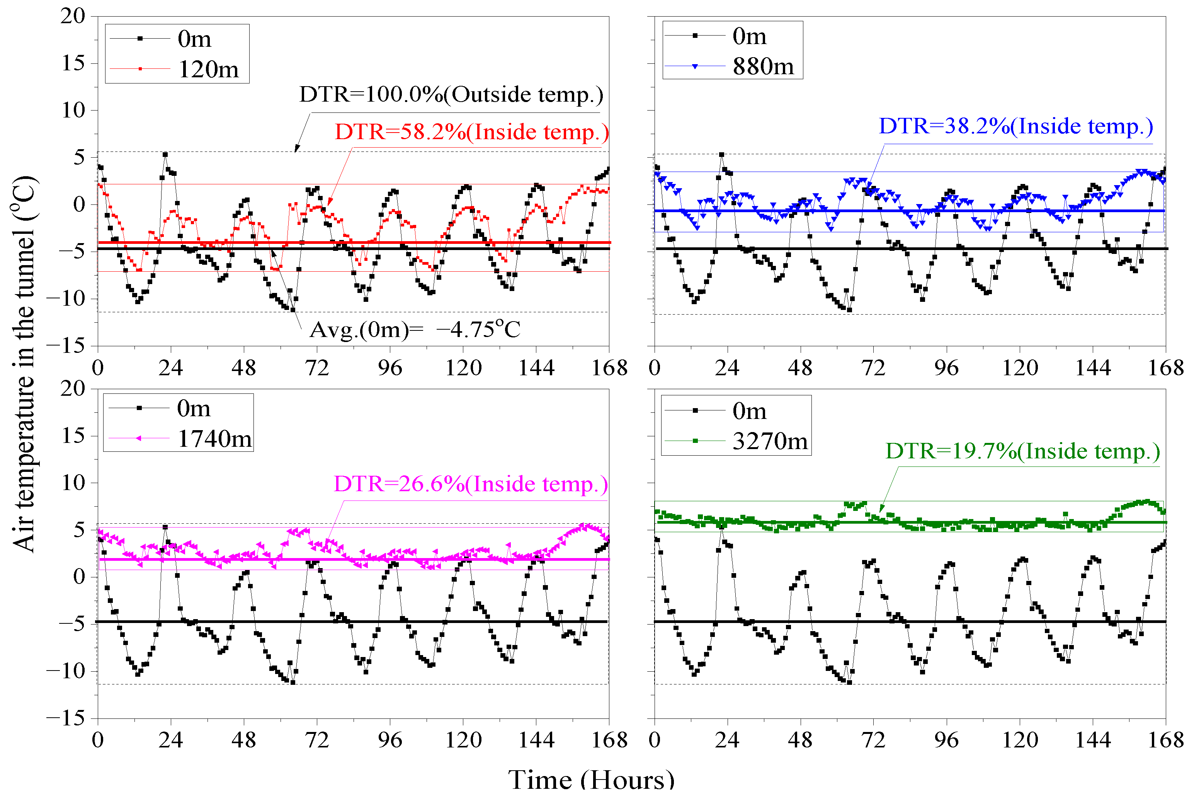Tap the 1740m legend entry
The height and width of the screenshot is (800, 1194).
pyautogui.click(x=214, y=439)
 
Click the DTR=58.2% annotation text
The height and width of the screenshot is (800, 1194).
pyautogui.click(x=471, y=132)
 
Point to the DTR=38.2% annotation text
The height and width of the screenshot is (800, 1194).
pyautogui.click(x=1015, y=126)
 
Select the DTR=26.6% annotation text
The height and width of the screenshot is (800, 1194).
pyautogui.click(x=470, y=484)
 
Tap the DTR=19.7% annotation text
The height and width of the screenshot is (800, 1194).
pyautogui.click(x=1022, y=451)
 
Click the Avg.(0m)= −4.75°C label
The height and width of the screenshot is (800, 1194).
pyautogui.click(x=415, y=330)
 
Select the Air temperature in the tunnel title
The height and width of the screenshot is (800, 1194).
pyautogui.click(x=24, y=363)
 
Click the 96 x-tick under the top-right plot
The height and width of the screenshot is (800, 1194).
pyautogui.click(x=946, y=368)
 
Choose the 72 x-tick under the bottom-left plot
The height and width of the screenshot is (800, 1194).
pyautogui.click(x=317, y=740)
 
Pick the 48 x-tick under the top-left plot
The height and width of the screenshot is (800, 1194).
pyautogui.click(x=243, y=368)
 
